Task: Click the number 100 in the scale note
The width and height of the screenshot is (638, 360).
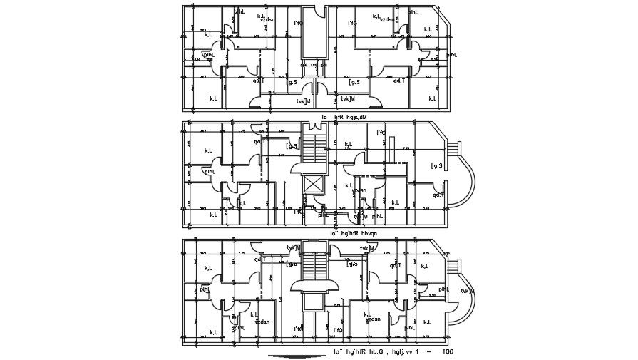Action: [447, 351]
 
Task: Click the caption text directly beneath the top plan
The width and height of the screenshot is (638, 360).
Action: [344, 116]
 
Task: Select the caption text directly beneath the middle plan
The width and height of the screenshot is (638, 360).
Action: [354, 232]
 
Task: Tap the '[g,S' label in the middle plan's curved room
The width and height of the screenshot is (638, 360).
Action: [436, 166]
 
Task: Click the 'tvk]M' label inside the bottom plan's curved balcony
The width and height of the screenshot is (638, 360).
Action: [468, 291]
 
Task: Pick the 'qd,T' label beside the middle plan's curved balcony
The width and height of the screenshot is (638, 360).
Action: [438, 195]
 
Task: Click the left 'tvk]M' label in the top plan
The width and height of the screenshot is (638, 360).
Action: [304, 101]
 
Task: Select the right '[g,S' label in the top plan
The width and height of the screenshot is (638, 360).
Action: [353, 82]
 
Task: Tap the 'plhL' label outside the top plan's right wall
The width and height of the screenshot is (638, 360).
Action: [451, 54]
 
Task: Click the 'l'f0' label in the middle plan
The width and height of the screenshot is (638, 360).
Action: [381, 133]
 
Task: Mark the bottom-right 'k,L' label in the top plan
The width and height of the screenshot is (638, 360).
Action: [433, 98]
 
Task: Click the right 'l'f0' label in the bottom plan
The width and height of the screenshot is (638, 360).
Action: [337, 330]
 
